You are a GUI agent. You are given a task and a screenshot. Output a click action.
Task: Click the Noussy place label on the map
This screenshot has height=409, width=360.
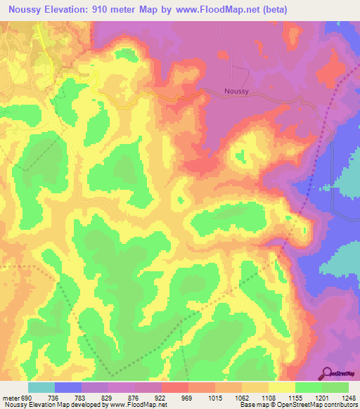(x=237, y=91)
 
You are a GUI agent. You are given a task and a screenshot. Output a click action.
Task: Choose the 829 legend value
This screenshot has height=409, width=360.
(x=108, y=398)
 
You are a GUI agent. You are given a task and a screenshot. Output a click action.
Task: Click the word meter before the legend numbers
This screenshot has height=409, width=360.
(x=10, y=398)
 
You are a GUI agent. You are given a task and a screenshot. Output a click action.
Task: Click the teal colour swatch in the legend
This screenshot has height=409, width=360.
(x=41, y=387)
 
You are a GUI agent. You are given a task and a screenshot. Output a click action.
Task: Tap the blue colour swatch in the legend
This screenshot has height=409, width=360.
(x=67, y=387)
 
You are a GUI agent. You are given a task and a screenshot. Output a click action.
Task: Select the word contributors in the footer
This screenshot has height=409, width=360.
(x=340, y=405)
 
